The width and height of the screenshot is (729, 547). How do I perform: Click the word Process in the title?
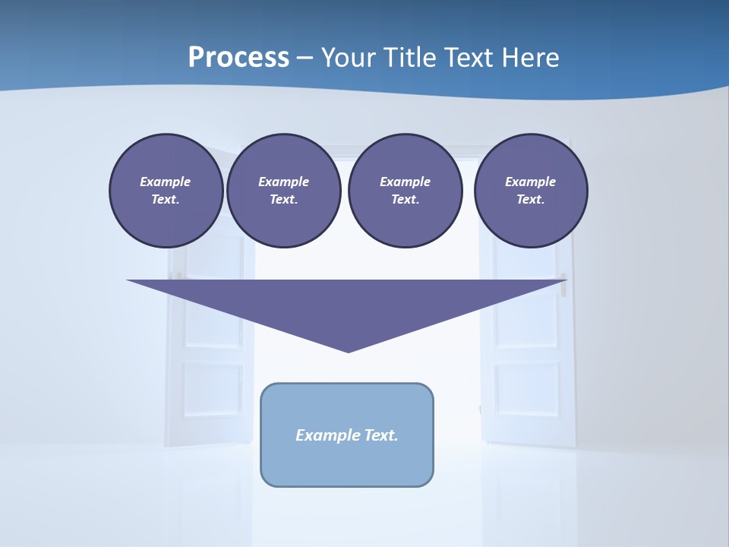click(238, 58)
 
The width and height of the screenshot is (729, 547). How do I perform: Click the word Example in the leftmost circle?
click(165, 182)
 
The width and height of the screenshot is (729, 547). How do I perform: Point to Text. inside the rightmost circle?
click(530, 200)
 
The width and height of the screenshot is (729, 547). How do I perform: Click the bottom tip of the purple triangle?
click(348, 350)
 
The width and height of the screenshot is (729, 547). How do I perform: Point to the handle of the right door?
click(563, 277)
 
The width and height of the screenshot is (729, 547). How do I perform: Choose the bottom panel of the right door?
click(525, 389)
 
